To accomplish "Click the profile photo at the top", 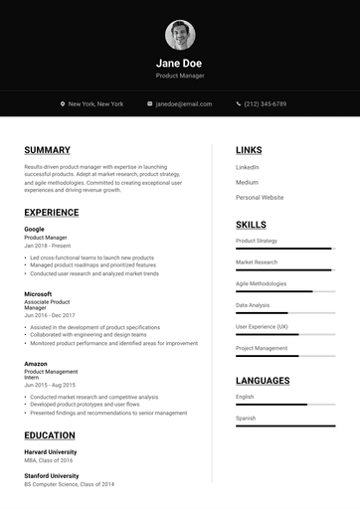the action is click(x=180, y=36).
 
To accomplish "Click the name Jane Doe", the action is click(x=180, y=63).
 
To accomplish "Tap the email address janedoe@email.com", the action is click(x=183, y=103).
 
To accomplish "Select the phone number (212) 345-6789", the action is click(x=265, y=103).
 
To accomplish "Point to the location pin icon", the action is click(x=62, y=103).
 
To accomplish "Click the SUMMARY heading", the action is click(x=47, y=150).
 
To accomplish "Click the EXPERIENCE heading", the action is click(x=52, y=212).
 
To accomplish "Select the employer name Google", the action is click(x=34, y=230).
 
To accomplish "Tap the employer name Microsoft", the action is click(x=38, y=294).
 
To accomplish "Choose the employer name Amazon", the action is click(x=36, y=364).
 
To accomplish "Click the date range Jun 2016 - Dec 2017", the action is click(x=50, y=315).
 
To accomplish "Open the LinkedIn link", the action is click(x=248, y=167).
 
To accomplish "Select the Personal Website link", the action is click(x=260, y=197).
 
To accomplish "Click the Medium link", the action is click(x=247, y=182).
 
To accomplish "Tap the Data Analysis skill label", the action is click(x=253, y=305).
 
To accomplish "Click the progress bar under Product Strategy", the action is click(x=284, y=249).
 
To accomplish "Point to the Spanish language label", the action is click(x=246, y=418).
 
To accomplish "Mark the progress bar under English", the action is click(x=284, y=405).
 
